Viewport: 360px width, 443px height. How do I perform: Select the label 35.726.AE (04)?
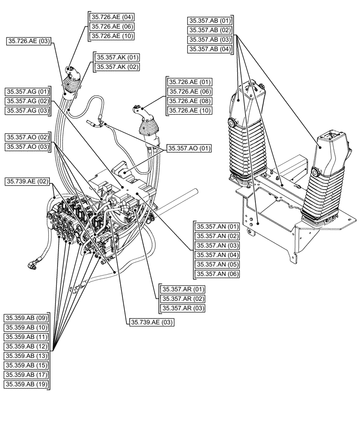click(112, 17)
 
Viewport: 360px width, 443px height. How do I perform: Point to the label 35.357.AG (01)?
click(27, 91)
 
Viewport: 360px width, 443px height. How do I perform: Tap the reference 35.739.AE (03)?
click(152, 323)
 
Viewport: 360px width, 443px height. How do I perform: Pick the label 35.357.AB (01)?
click(210, 20)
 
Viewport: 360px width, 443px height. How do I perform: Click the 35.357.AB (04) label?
click(210, 49)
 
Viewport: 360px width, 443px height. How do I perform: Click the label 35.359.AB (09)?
click(26, 318)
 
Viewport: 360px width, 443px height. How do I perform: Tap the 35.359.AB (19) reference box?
click(26, 384)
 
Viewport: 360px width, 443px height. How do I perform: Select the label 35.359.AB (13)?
click(26, 356)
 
